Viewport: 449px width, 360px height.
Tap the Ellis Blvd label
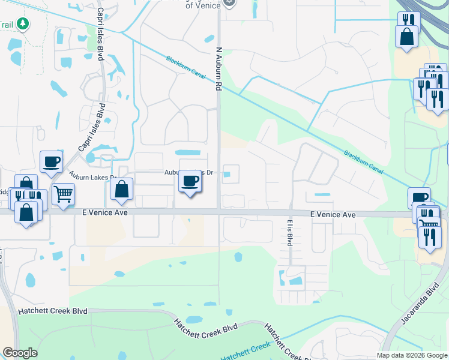pyautogui.click(x=289, y=231)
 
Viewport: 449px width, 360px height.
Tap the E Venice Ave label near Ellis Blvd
pyautogui.click(x=333, y=215)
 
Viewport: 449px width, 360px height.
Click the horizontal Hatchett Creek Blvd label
pyautogui.click(x=53, y=311)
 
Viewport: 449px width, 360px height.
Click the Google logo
pyautogui.click(x=20, y=353)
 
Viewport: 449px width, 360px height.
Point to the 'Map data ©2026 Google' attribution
pyautogui.click(x=412, y=355)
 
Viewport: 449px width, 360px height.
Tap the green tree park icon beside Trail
pyautogui.click(x=23, y=24)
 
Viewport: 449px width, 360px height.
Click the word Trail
pyautogui.click(x=6, y=25)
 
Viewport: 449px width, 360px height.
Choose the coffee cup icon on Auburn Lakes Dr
pyautogui.click(x=190, y=181)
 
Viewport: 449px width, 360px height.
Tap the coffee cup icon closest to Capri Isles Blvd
pyautogui.click(x=51, y=161)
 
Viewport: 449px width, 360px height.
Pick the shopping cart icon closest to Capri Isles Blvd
pyautogui.click(x=62, y=194)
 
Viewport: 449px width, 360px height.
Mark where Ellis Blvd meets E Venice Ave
pyautogui.click(x=291, y=213)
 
